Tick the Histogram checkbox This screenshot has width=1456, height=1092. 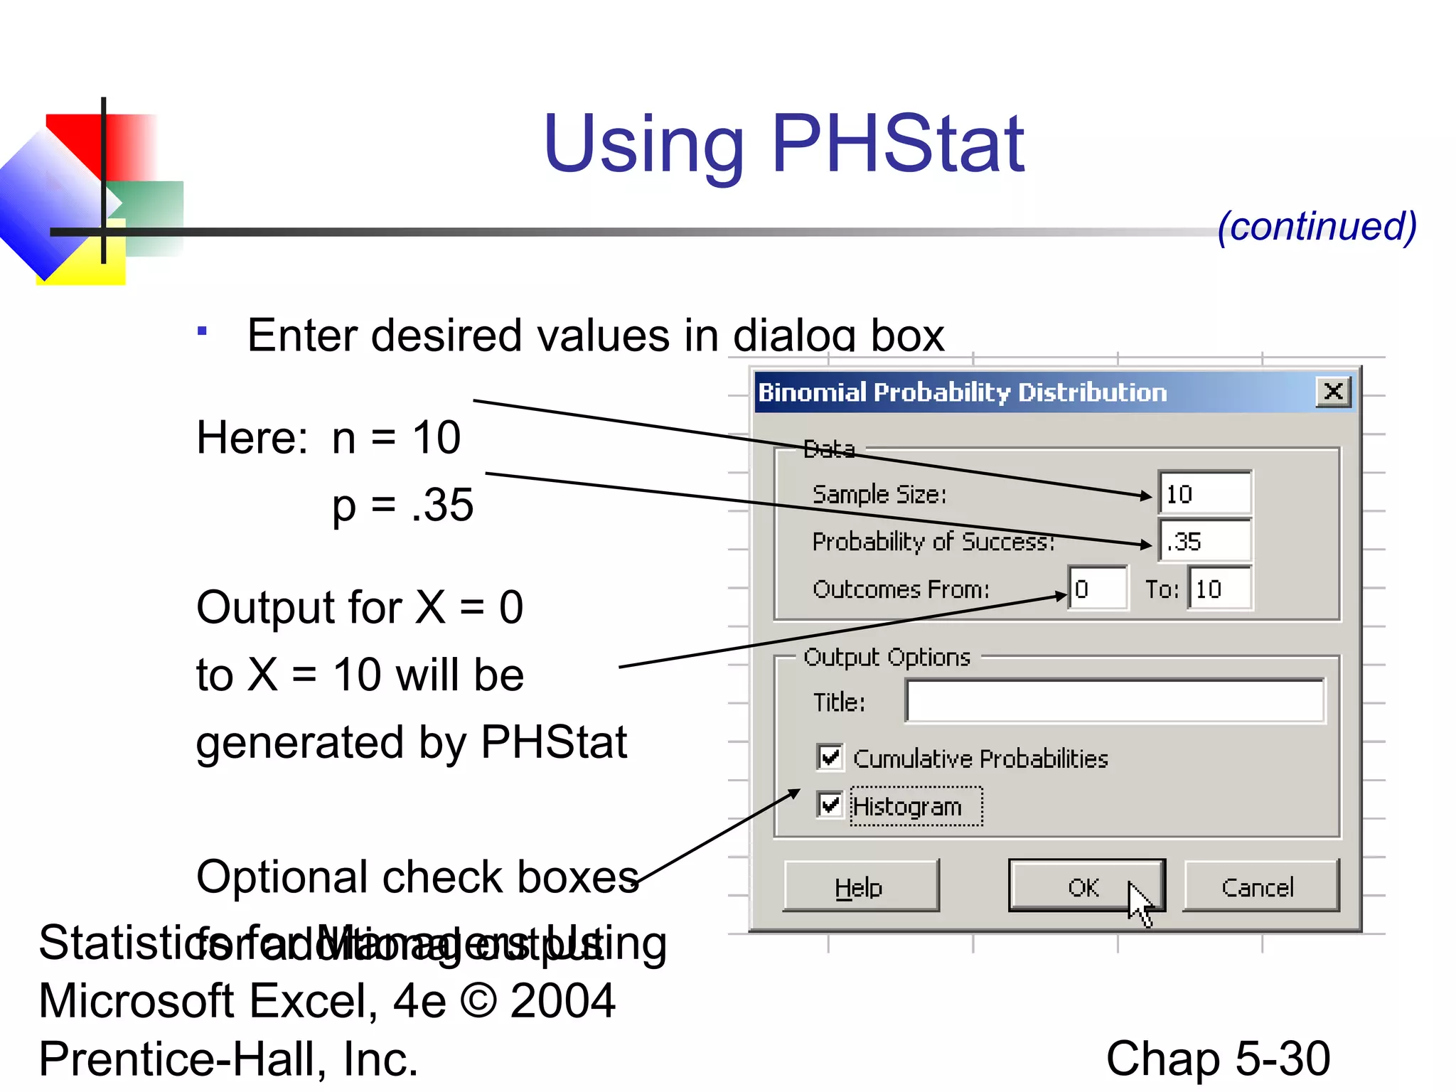[x=830, y=805]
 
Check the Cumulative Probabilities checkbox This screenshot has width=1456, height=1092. [x=830, y=758]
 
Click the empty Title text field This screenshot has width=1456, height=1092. [x=1115, y=702]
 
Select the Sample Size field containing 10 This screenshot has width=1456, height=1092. [x=1204, y=493]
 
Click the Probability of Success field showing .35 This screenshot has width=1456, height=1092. [x=1204, y=541]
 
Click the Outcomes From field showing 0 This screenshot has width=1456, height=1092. [x=1098, y=589]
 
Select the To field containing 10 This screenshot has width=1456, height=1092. [x=1219, y=589]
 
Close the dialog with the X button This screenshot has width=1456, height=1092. [x=1333, y=391]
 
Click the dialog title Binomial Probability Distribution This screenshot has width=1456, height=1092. [x=963, y=392]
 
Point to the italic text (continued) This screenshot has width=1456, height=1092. [x=1316, y=227]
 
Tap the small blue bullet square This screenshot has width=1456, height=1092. [x=203, y=331]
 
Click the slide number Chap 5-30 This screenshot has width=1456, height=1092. [x=1217, y=1059]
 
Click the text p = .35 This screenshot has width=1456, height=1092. [x=402, y=505]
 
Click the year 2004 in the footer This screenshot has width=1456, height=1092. [x=562, y=1001]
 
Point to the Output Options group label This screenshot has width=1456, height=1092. [x=887, y=657]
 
